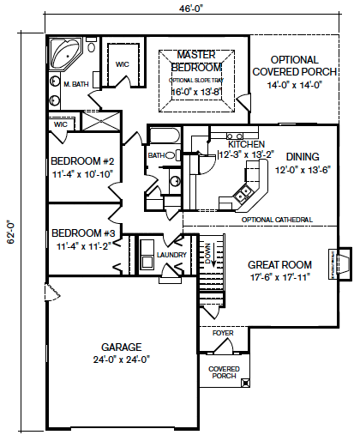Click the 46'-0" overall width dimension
point(191,9)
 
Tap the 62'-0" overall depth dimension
point(11,232)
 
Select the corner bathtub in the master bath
point(65,54)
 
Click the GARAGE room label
point(122,347)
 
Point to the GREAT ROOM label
point(279,265)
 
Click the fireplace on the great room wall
point(339,263)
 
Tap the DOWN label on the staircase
point(207,254)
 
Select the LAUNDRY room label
point(171,255)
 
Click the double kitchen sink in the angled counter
point(243,193)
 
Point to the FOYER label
point(223,333)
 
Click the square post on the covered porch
point(245,383)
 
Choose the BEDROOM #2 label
point(82,161)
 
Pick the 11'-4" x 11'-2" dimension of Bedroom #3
point(83,246)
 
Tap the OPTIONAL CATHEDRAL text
point(277,220)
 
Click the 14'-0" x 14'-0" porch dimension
point(295,85)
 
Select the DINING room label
point(303,157)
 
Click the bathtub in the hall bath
point(165,136)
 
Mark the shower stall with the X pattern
point(101,121)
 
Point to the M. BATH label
point(76,84)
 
